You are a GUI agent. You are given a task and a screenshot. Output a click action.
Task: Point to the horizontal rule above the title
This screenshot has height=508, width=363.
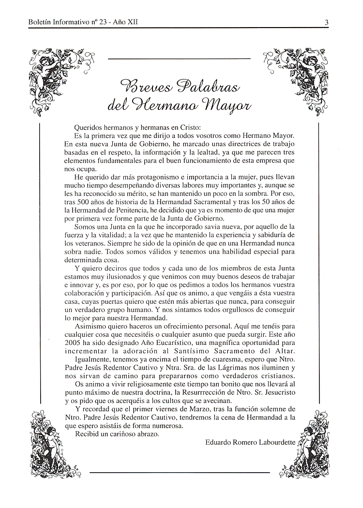pyautogui.click(x=179, y=59)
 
